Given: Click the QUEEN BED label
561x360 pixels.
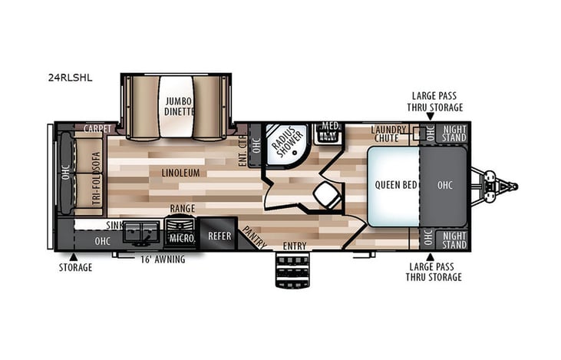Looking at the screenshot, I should [395, 185].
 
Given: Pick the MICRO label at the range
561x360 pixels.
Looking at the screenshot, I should [181, 238].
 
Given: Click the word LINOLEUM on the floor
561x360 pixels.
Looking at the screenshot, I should [181, 173].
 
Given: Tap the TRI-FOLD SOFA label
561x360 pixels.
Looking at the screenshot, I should [95, 178].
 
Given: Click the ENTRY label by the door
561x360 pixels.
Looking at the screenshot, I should [294, 246].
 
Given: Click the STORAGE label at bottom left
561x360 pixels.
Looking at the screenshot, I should [75, 267].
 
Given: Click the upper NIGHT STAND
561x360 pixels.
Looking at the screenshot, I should [454, 133].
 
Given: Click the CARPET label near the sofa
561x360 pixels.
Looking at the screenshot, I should [99, 128].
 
